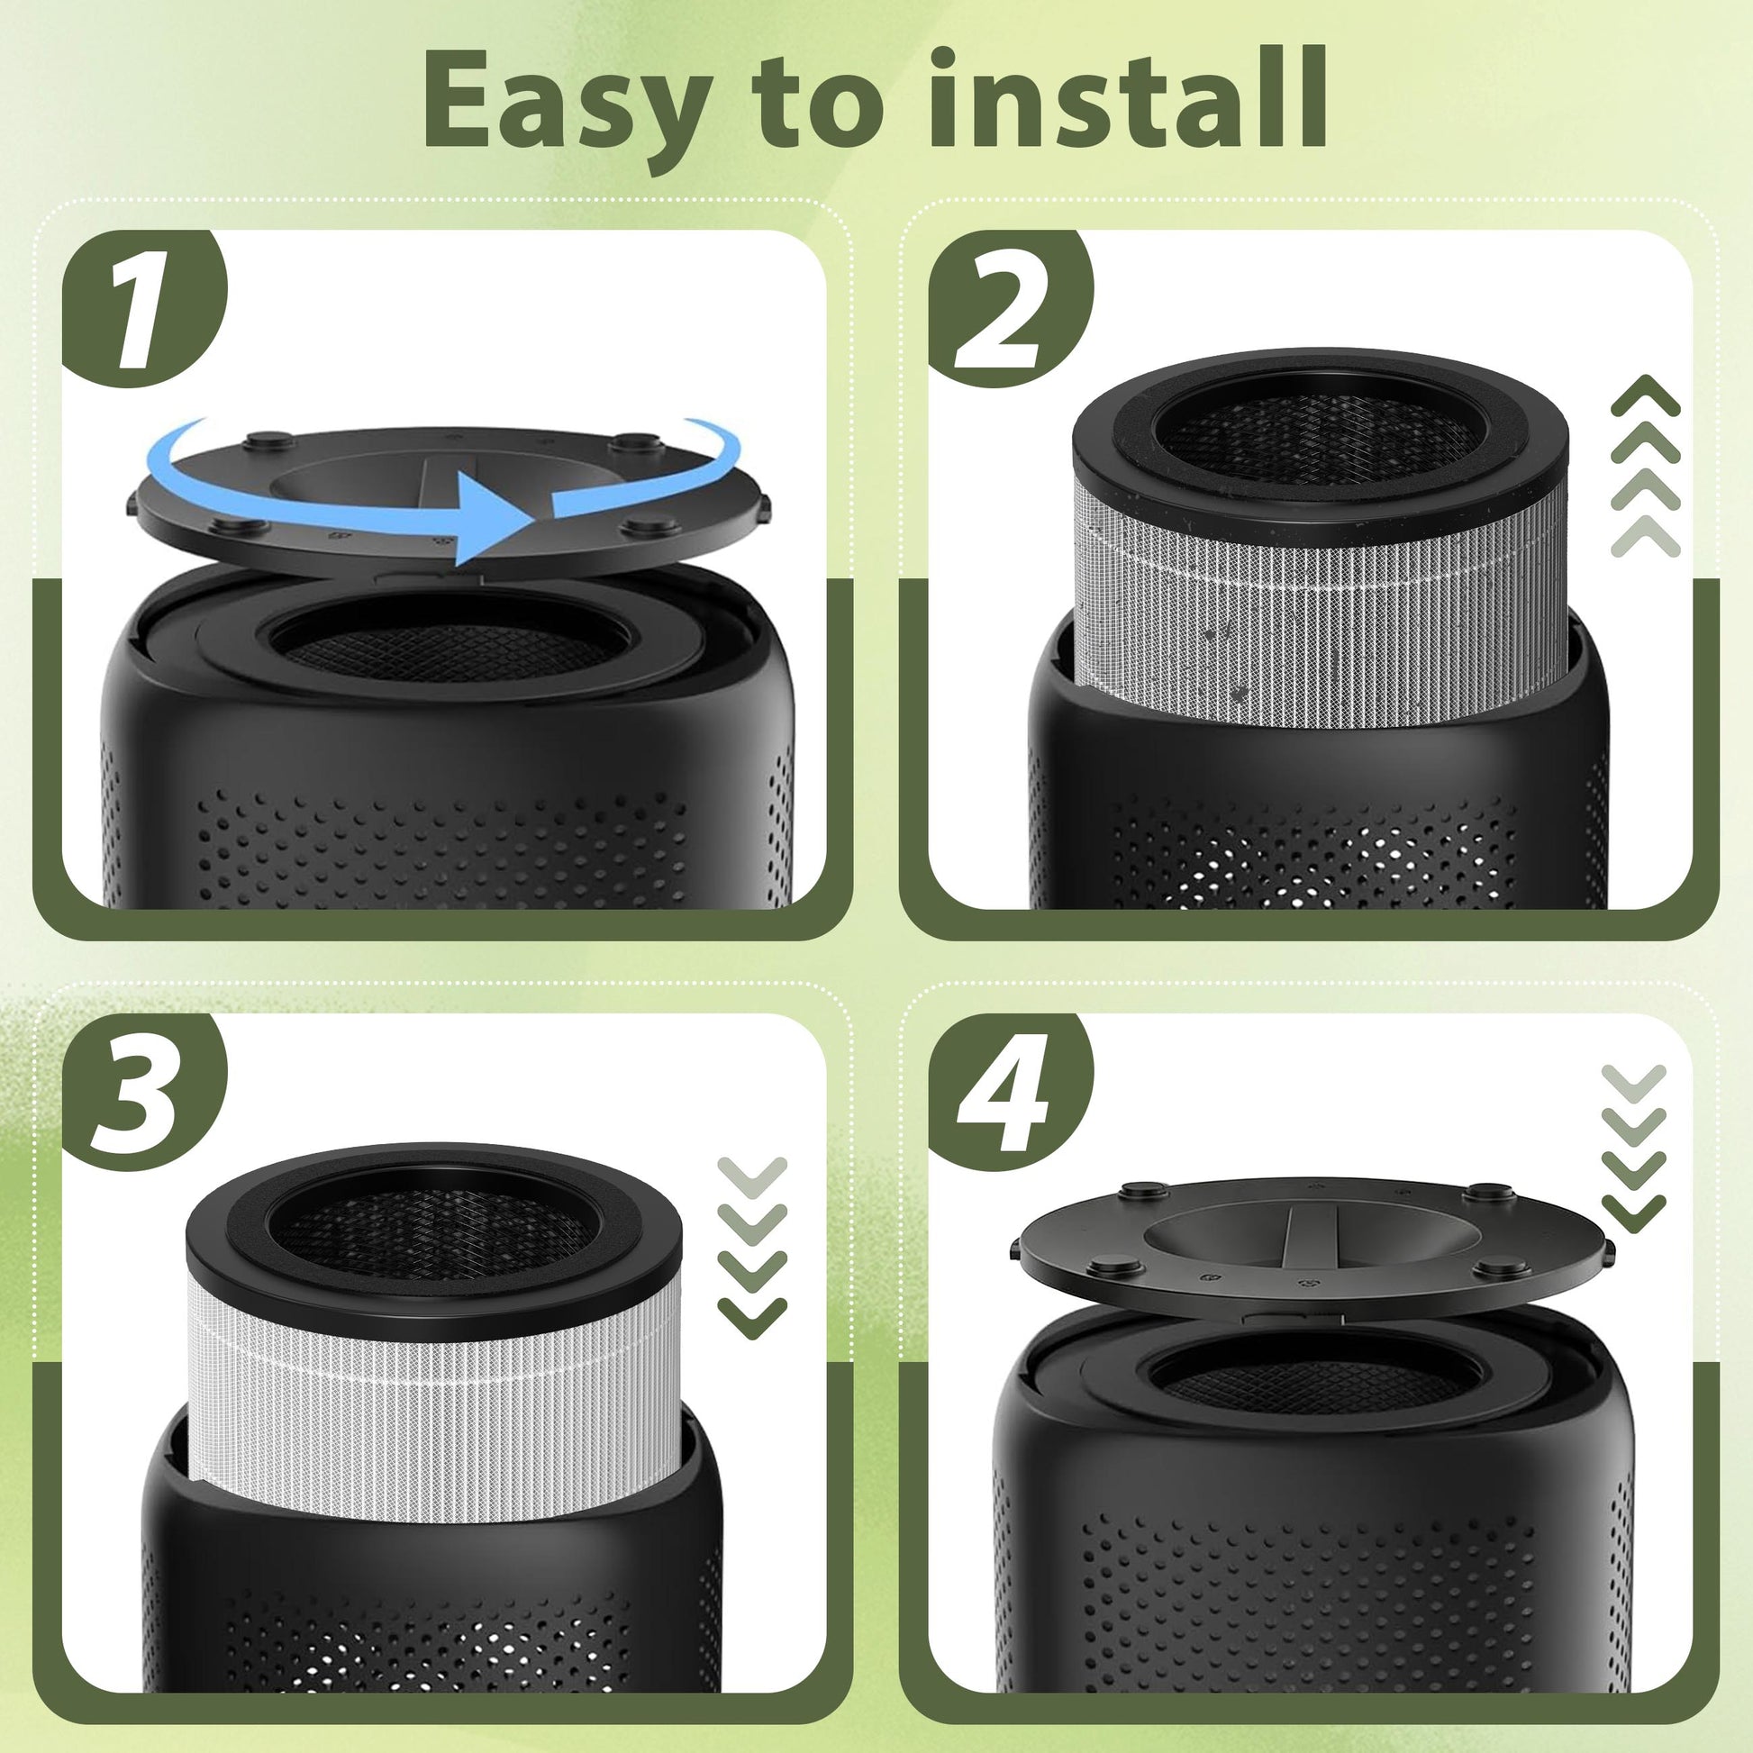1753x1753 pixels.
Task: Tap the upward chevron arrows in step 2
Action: pyautogui.click(x=1646, y=465)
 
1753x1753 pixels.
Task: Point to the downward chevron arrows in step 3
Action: pyautogui.click(x=752, y=1247)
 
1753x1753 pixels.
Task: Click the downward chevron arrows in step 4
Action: pyautogui.click(x=1633, y=1149)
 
